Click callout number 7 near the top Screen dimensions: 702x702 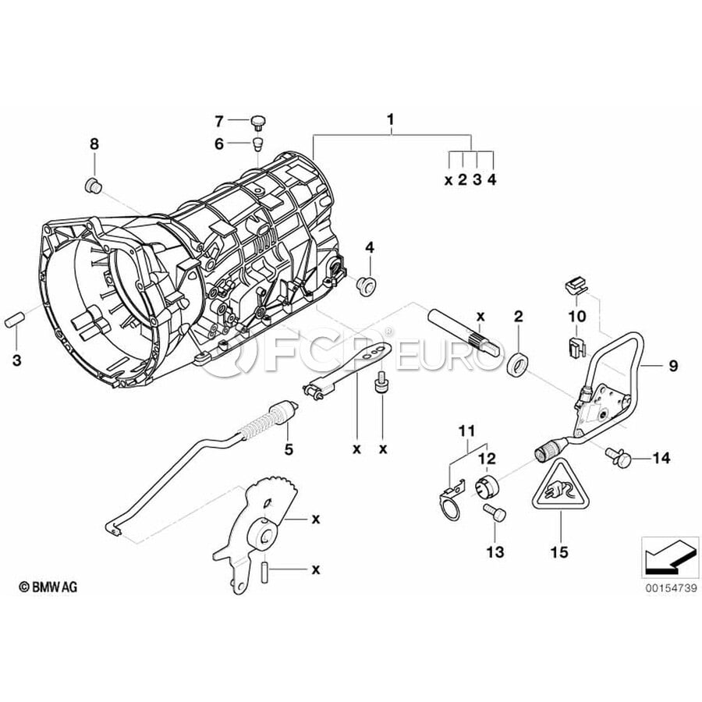coord(219,121)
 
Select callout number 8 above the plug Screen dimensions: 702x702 coord(94,144)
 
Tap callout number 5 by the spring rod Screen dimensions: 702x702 coord(289,449)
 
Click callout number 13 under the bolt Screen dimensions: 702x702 coord(496,551)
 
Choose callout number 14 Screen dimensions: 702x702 coord(661,458)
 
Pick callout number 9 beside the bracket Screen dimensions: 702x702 coord(673,363)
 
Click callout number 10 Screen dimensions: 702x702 coord(576,316)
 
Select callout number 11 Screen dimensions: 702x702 coord(466,431)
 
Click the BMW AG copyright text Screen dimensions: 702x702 coord(48,587)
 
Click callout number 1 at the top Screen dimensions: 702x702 coord(391,120)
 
